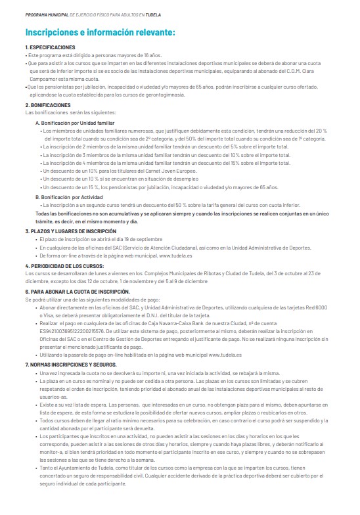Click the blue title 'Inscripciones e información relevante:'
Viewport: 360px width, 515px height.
(99, 32)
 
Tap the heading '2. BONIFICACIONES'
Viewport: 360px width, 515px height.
(47, 105)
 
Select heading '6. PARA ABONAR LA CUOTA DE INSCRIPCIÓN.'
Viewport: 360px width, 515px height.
(78, 290)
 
